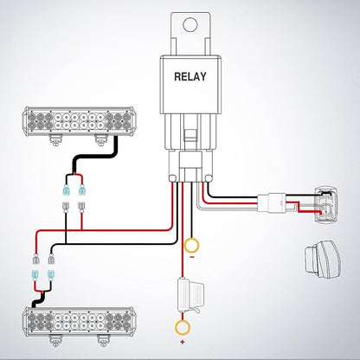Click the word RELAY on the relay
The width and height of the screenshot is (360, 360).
pos(190,77)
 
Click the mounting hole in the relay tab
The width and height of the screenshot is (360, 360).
pos(190,24)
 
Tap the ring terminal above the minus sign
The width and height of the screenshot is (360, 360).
pos(191,246)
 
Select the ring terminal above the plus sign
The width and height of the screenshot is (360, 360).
pos(183,327)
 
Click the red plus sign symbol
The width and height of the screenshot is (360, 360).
pos(183,343)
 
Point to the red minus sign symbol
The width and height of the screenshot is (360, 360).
pos(191,257)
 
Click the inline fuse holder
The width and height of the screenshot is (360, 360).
pos(191,295)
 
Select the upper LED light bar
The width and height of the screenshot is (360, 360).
pos(79,121)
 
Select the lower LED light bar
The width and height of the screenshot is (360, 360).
pos(78,321)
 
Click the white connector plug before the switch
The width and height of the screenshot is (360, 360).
pos(272,203)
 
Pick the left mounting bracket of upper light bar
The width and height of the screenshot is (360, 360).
pos(55,140)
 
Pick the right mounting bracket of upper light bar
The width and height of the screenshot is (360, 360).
pos(101,140)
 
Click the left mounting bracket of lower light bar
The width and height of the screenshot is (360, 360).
pos(56,341)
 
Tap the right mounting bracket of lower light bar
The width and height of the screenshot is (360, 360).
pos(104,341)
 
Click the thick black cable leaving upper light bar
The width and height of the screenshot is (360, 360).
pos(95,157)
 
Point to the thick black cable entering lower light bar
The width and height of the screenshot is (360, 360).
pos(38,300)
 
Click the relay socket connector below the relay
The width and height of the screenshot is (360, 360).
pos(190,167)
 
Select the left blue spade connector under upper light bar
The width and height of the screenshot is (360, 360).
pos(67,190)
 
